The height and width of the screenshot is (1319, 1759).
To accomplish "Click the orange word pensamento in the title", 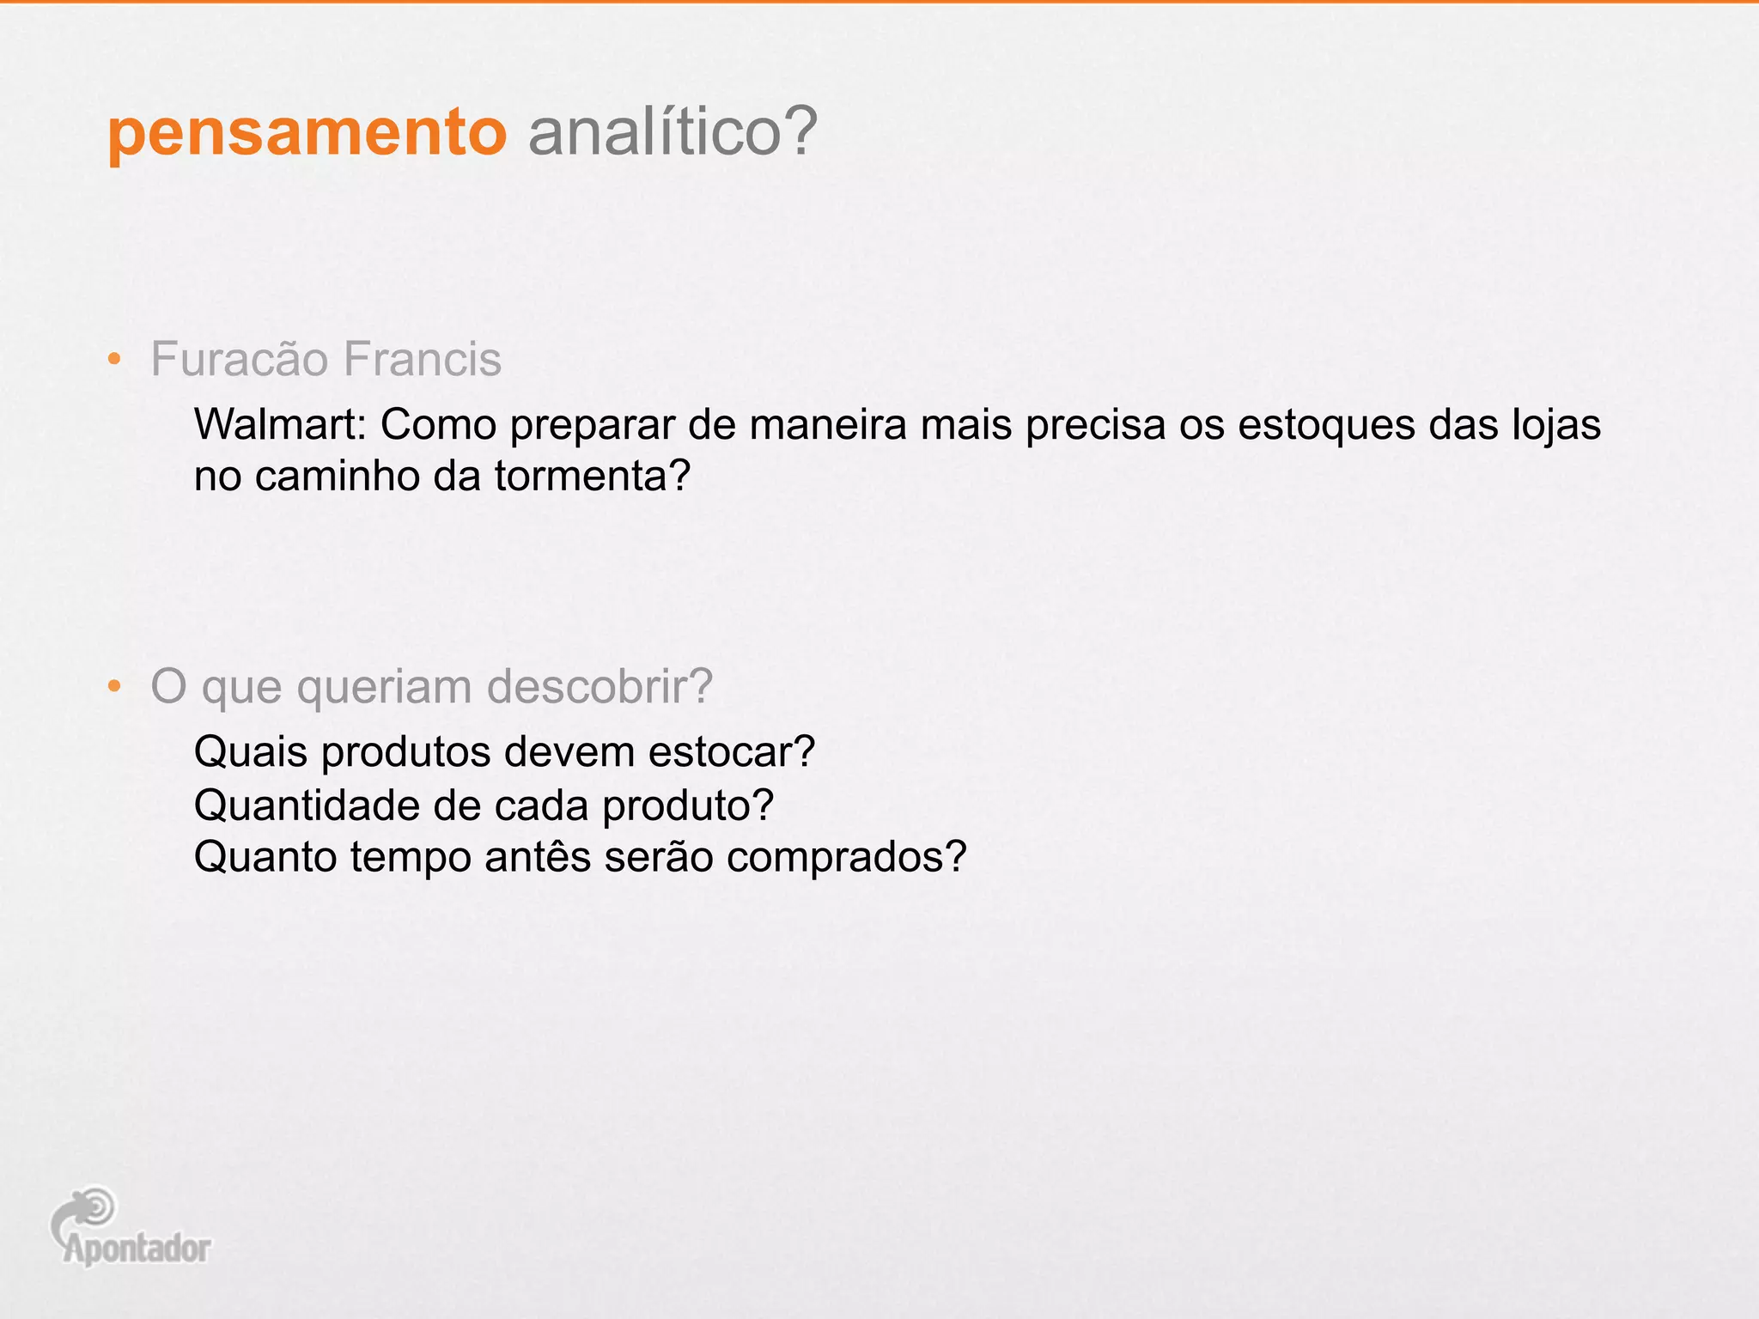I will point(307,134).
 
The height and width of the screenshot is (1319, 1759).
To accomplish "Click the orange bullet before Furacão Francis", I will point(114,360).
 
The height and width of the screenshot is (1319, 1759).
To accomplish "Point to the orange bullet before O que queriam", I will point(114,687).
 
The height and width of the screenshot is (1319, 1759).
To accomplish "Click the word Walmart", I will point(280,424).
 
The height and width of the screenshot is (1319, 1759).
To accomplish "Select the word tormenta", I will point(593,476).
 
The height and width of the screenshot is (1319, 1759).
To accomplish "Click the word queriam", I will point(386,687).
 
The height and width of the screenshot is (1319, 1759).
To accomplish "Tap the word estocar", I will point(731,752).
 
